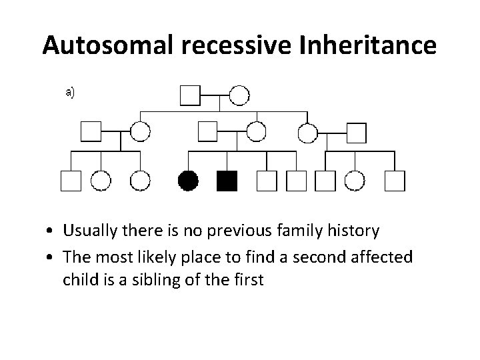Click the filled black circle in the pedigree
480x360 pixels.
189,180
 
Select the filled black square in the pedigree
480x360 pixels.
228,180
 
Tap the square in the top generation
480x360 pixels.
190,95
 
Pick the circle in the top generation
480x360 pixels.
239,95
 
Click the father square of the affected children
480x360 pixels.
209,132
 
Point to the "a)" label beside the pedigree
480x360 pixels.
70,93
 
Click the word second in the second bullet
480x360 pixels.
327,256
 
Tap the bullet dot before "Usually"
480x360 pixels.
51,232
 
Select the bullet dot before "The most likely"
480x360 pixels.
51,257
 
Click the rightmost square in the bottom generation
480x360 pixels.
395,180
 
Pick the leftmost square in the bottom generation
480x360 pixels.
71,180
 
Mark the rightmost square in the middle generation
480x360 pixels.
357,133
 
